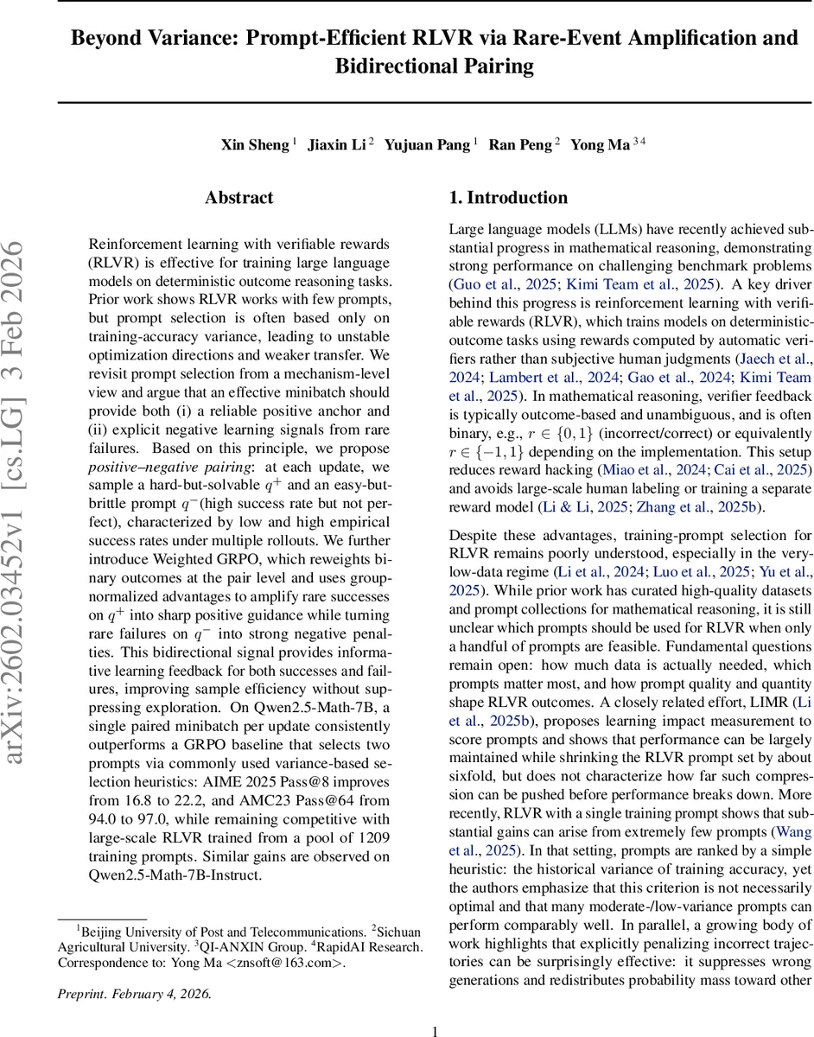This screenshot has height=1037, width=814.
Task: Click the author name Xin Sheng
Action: click(x=254, y=144)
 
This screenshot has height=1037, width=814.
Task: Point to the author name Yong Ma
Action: click(x=600, y=144)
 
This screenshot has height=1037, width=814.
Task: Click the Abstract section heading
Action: click(x=239, y=198)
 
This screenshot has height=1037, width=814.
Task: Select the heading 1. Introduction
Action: click(x=508, y=198)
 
